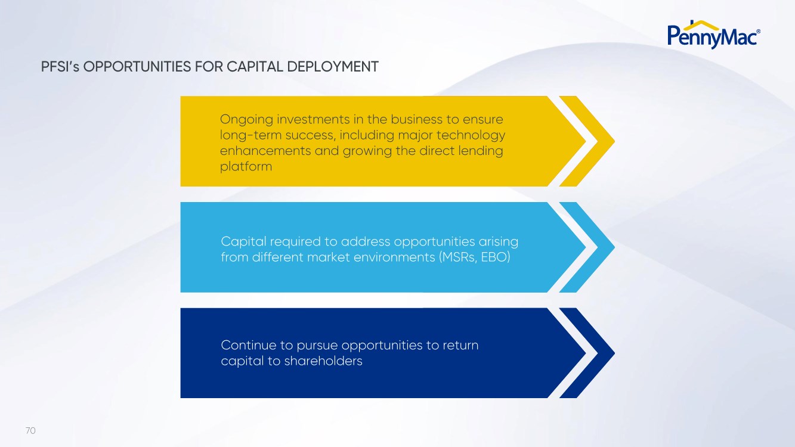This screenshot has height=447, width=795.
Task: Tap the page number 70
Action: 30,431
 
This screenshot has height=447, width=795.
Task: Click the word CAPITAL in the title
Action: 255,67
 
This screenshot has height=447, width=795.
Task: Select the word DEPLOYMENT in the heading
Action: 333,67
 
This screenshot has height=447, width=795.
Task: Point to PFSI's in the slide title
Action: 60,67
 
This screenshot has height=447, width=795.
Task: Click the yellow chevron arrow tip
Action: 614,141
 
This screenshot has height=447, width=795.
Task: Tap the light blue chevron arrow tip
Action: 614,247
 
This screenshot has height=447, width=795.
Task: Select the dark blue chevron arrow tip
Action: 614,353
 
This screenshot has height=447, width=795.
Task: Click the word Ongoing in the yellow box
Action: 246,120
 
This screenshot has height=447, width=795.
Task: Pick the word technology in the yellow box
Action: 471,135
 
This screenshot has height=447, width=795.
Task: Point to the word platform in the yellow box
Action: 246,167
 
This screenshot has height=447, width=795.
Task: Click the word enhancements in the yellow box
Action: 265,151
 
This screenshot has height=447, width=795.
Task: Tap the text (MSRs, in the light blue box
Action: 458,257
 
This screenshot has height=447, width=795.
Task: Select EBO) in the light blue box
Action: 496,257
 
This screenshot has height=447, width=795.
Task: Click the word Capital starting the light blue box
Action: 243,242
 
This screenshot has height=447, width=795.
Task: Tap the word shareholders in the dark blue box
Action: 323,361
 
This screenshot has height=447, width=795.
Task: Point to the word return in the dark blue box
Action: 460,346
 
